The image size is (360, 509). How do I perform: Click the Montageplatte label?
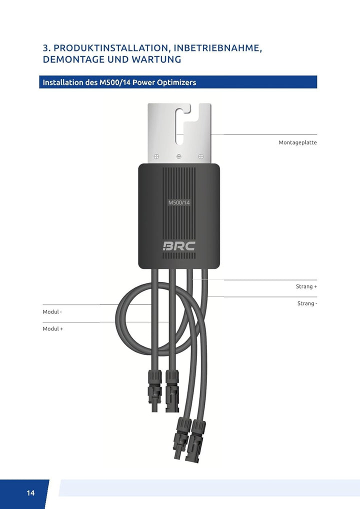coord(297,142)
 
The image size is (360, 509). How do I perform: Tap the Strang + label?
coord(306,286)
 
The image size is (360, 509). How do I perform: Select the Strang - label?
coord(307,303)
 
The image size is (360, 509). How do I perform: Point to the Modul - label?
coord(52,312)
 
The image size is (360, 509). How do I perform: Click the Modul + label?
coord(52,329)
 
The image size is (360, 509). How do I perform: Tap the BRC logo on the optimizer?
coord(179,245)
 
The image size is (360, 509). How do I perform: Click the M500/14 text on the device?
coord(179,202)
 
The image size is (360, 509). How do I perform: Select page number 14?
coord(30,493)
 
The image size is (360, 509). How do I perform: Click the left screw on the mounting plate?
coord(156,156)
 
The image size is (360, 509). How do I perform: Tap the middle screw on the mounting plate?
coord(179,156)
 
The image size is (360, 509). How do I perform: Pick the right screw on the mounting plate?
coord(201,156)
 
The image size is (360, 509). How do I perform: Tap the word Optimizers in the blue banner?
coord(176,82)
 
